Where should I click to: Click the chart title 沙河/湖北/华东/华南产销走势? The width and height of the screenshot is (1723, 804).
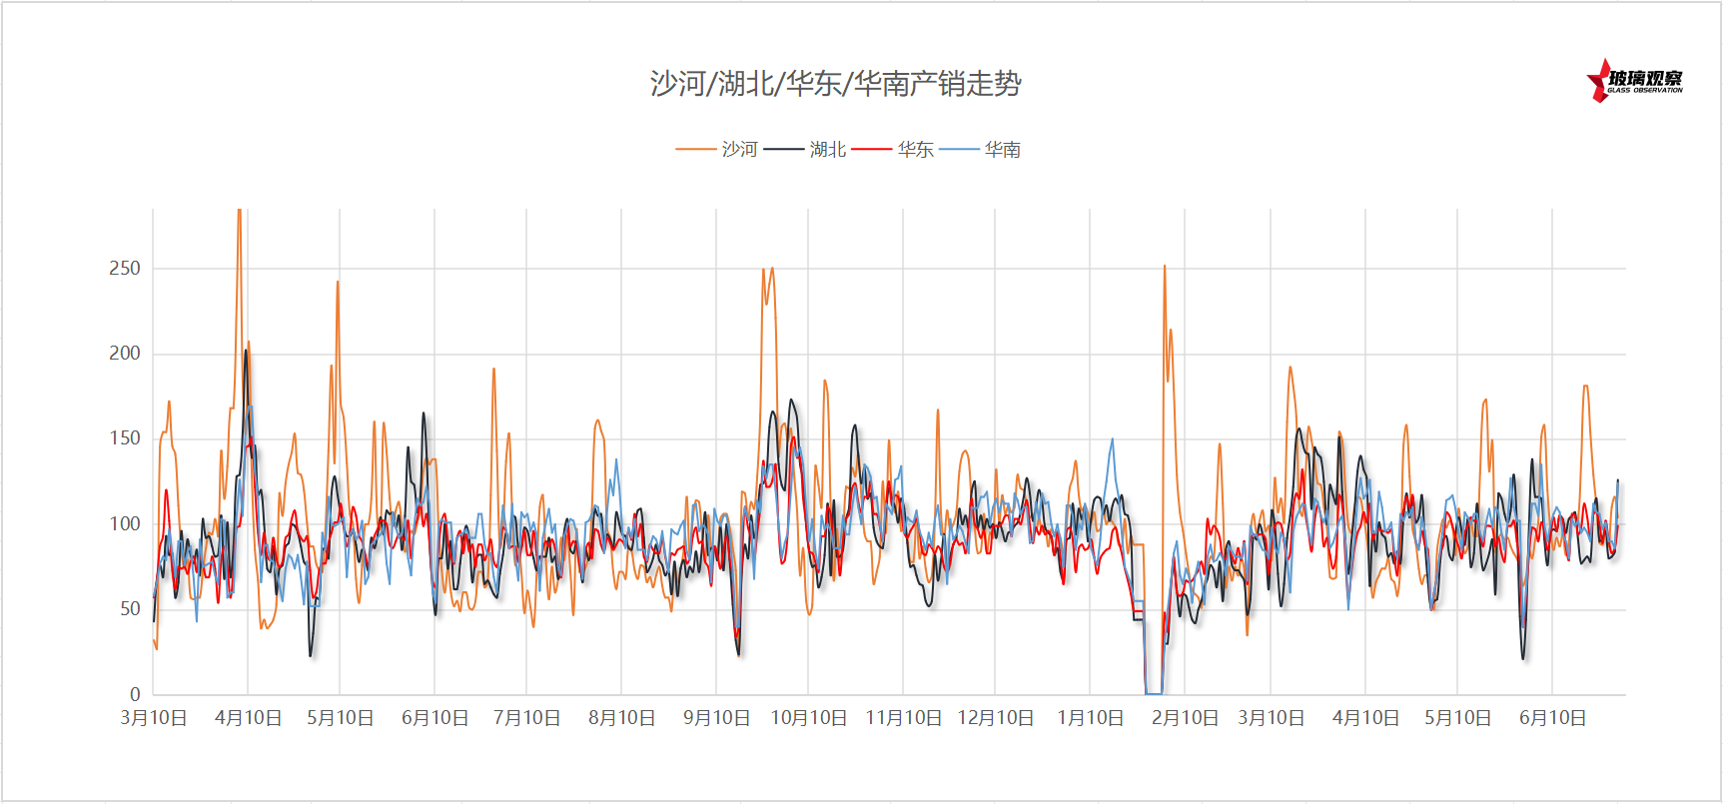point(835,83)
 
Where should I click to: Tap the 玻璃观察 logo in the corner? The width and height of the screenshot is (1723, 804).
point(1635,81)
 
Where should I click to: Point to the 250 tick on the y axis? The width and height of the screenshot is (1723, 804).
point(125,269)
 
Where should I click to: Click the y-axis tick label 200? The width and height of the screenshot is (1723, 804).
point(125,354)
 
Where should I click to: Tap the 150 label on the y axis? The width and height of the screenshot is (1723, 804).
point(125,438)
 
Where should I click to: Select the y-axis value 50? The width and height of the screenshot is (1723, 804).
point(130,609)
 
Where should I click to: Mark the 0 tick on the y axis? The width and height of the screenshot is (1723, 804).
point(135,694)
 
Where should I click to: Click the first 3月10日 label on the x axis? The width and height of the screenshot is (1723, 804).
point(154,718)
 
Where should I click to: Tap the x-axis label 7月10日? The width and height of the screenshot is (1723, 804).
point(526,718)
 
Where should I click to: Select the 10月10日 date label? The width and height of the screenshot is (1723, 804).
point(808,718)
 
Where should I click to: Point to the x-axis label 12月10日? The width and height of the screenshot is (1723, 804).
point(995,718)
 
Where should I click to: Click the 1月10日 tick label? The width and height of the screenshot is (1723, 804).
point(1090,718)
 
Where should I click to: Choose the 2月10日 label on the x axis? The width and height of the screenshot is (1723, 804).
point(1185,718)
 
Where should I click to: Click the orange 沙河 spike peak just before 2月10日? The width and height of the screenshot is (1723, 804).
point(1165,267)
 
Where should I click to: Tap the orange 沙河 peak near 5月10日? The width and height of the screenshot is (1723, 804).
point(338,283)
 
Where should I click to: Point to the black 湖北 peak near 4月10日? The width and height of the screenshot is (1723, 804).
point(246,351)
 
